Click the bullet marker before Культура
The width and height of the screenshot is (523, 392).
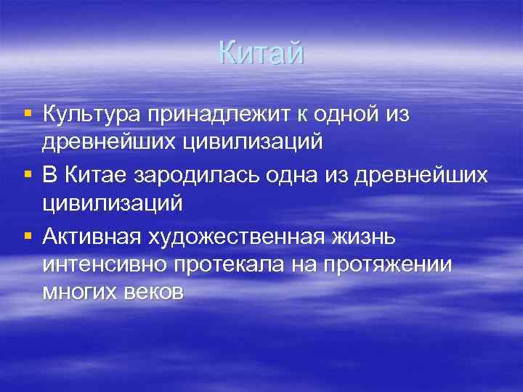pos(27,113)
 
